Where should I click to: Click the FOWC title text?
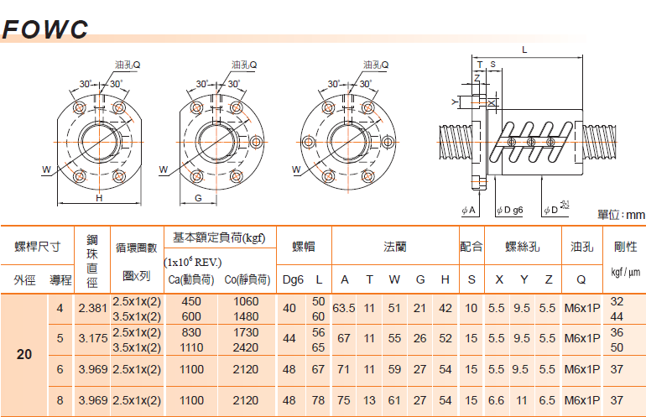pyautogui.click(x=46, y=29)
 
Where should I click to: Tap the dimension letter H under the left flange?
pyautogui.click(x=99, y=199)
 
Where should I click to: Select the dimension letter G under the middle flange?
pyautogui.click(x=197, y=198)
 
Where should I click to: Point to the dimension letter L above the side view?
pyautogui.click(x=524, y=50)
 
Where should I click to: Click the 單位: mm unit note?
pyautogui.click(x=620, y=216)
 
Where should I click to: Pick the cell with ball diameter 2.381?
pyautogui.click(x=91, y=308)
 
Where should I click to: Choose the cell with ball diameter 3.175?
pyautogui.click(x=91, y=339)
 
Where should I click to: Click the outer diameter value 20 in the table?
pyautogui.click(x=25, y=354)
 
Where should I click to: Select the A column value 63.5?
pyautogui.click(x=344, y=308)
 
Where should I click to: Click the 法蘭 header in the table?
pyautogui.click(x=395, y=247)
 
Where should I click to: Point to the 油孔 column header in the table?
pyautogui.click(x=581, y=247)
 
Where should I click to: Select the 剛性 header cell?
pyautogui.click(x=626, y=247)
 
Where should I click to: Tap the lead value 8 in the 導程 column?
pyautogui.click(x=60, y=401)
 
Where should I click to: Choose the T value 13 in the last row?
pyautogui.click(x=369, y=401)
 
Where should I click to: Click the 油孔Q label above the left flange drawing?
pyautogui.click(x=128, y=65)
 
